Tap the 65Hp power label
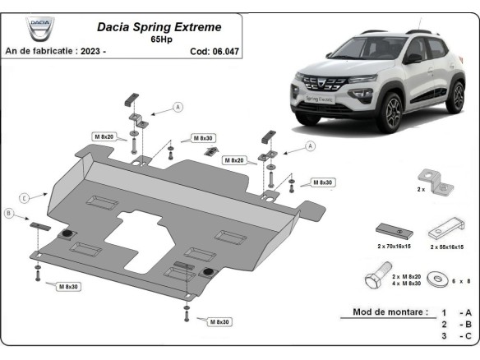click(x=162, y=39)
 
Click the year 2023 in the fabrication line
click(x=90, y=51)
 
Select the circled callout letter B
click(x=10, y=214)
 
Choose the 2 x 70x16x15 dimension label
click(x=393, y=246)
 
